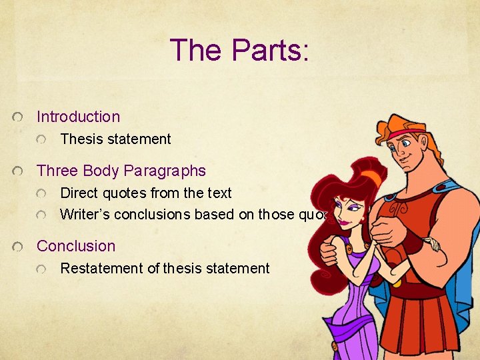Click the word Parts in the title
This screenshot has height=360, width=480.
(x=271, y=50)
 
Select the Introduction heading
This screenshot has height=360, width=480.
(x=78, y=117)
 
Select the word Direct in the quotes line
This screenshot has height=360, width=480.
(x=79, y=193)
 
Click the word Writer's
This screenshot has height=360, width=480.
(x=85, y=215)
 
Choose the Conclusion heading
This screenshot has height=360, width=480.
(x=75, y=246)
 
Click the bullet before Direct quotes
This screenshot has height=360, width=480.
(x=43, y=194)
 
